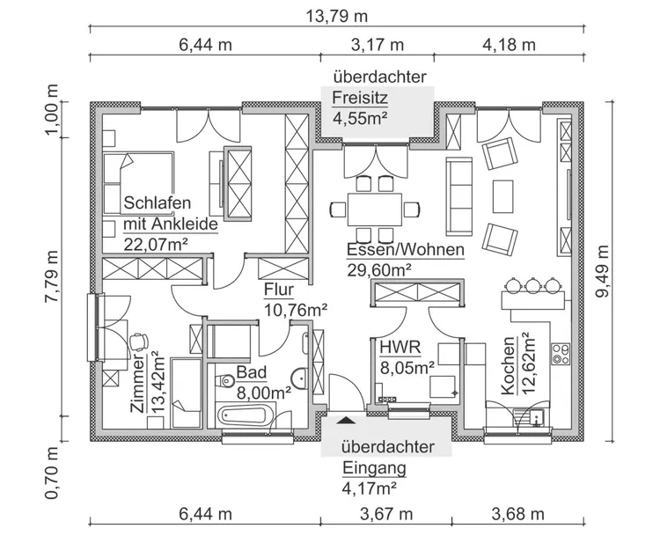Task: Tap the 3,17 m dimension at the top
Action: pos(378,44)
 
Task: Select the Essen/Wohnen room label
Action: pos(405,250)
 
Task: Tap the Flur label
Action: pos(278,290)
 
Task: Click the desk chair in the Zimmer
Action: pos(136,341)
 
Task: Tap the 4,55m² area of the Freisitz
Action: pos(361,116)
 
